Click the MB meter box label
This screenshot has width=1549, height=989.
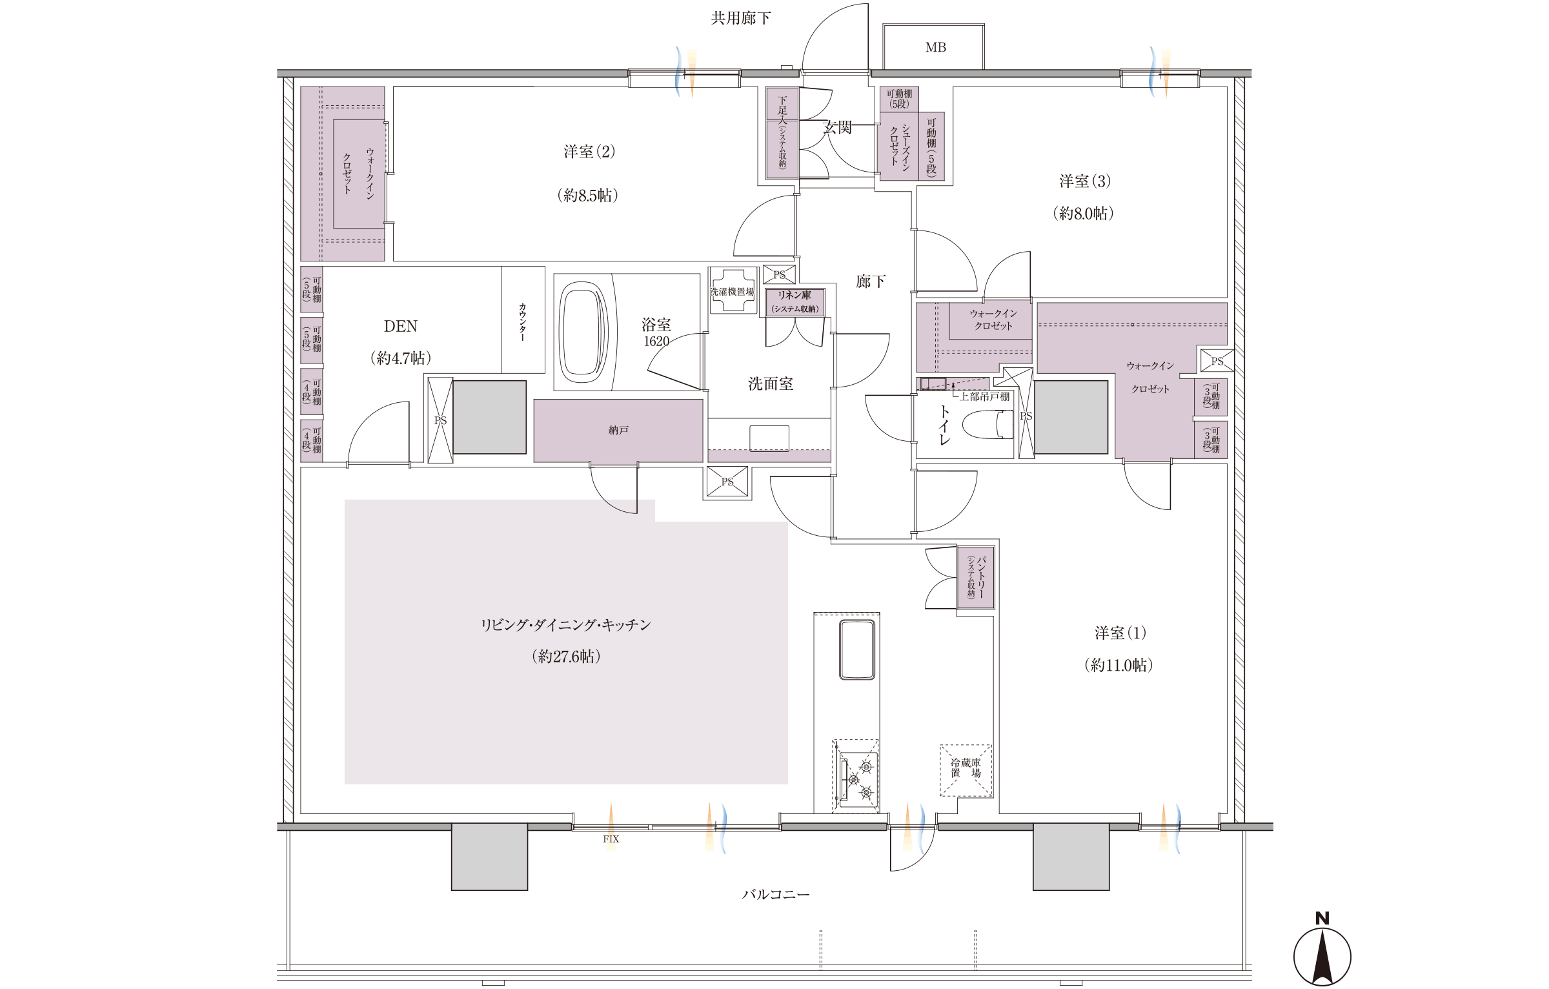pos(935,47)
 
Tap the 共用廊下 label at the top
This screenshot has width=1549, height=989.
pos(740,18)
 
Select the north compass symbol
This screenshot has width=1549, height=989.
pos(1322,948)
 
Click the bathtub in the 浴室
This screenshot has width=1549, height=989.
pos(583,332)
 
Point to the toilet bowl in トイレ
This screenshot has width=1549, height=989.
pos(987,425)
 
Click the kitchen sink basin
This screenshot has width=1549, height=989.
pos(857,649)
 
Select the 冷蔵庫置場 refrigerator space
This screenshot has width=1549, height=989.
pos(966,771)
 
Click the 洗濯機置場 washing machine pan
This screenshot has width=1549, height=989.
pos(733,291)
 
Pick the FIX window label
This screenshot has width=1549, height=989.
pos(611,839)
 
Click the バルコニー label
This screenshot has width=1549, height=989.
pos(775,894)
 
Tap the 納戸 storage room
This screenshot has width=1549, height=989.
pos(618,430)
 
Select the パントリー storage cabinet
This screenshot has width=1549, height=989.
pos(975,577)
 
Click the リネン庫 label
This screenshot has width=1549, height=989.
pos(794,295)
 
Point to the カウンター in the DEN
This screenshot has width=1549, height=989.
pos(523,320)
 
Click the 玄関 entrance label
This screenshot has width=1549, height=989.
pos(838,127)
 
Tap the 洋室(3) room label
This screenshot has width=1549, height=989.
pos(1085,181)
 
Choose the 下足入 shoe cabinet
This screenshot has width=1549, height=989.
pos(782,132)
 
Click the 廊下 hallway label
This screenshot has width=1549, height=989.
pos(871,281)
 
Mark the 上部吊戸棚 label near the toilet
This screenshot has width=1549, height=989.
pos(984,396)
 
